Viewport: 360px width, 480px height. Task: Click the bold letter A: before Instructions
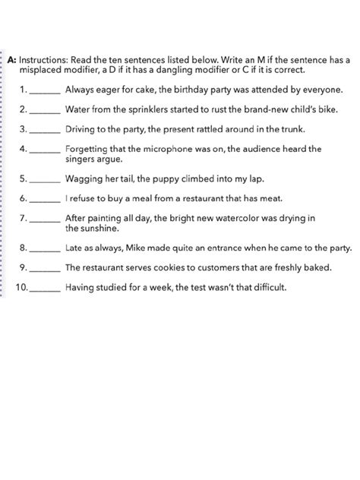point(12,58)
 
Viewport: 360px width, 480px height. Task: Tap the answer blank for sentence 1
point(46,90)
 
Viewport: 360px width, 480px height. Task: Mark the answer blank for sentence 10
point(49,289)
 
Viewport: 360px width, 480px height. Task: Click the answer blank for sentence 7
point(46,219)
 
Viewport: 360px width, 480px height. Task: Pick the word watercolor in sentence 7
point(240,218)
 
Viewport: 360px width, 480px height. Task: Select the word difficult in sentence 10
point(267,289)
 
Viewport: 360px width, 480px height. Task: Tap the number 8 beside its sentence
point(23,248)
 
